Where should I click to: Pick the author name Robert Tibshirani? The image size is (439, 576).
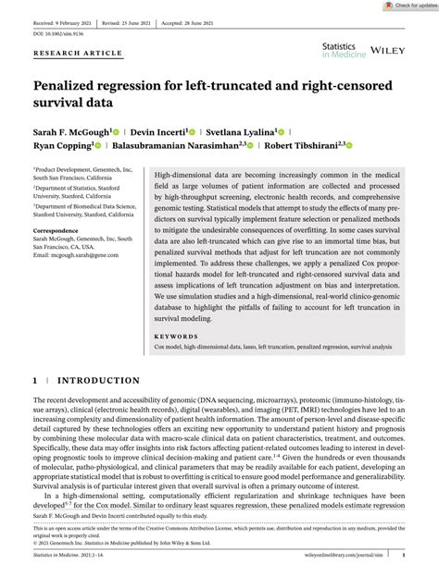pos(299,145)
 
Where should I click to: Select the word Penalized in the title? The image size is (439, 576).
pos(69,87)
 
